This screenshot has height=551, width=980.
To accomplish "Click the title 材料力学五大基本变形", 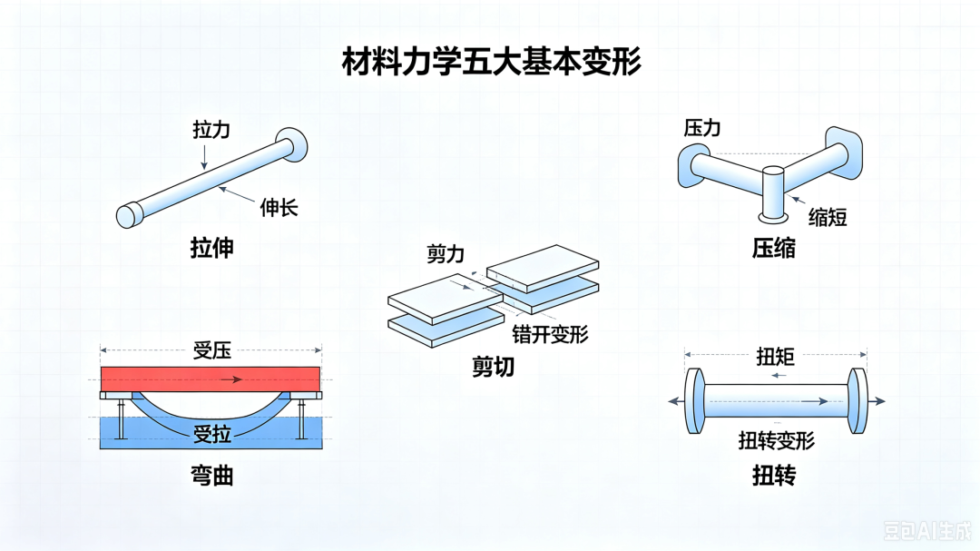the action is pyautogui.click(x=491, y=62).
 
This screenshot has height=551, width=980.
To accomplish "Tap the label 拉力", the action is pyautogui.click(x=211, y=130).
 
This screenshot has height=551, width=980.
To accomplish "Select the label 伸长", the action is pyautogui.click(x=279, y=208).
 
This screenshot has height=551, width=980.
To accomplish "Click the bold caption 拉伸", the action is pyautogui.click(x=211, y=249).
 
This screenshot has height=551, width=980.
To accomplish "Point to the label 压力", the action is pyautogui.click(x=702, y=128).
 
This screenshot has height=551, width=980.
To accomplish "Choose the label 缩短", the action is pyautogui.click(x=828, y=218).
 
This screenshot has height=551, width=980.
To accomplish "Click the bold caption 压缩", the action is pyautogui.click(x=774, y=249).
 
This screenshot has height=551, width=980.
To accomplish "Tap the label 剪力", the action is pyautogui.click(x=446, y=254).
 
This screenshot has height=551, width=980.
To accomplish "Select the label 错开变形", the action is pyautogui.click(x=551, y=335).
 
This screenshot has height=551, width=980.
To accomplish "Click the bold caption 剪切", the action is pyautogui.click(x=493, y=367).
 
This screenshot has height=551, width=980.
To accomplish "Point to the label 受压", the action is pyautogui.click(x=211, y=351).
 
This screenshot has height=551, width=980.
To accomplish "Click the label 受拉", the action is pyautogui.click(x=211, y=434).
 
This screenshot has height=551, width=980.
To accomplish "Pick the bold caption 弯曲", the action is pyautogui.click(x=211, y=476).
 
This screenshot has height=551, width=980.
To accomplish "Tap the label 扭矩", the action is pyautogui.click(x=776, y=357).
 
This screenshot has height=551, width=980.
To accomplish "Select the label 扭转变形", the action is pyautogui.click(x=776, y=441).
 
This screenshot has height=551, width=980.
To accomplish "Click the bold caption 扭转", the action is pyautogui.click(x=774, y=476).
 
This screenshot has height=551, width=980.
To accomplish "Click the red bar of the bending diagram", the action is pyautogui.click(x=211, y=379).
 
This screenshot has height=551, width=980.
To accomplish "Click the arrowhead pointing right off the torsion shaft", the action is pyautogui.click(x=879, y=401).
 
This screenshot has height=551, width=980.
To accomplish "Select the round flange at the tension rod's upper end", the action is pyautogui.click(x=292, y=144).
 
